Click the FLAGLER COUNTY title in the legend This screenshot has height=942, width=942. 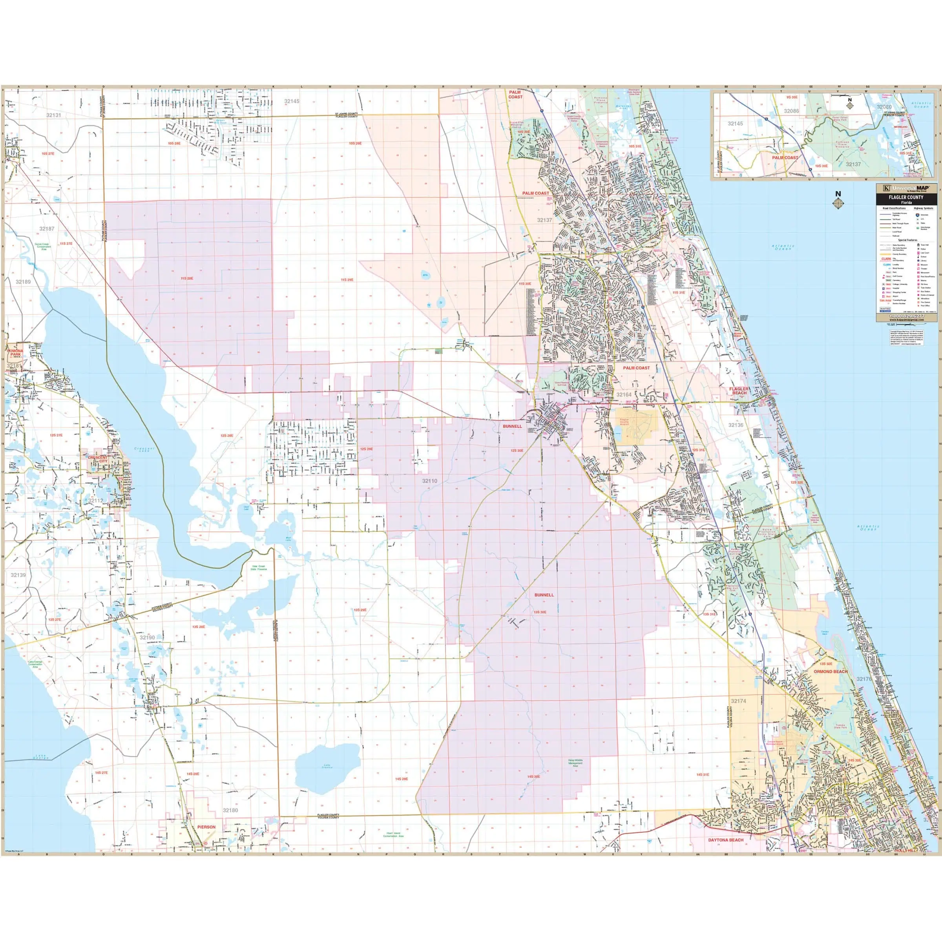[x=906, y=197]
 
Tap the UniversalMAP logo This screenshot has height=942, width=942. [x=906, y=188]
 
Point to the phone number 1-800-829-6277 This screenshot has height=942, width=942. [x=906, y=316]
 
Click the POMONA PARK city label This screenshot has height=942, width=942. [x=15, y=352]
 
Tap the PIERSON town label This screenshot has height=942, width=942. [x=206, y=827]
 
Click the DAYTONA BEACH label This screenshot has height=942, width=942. [x=725, y=840]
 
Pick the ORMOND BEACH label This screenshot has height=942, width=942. [x=831, y=672]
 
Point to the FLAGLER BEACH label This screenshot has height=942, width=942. [x=739, y=391]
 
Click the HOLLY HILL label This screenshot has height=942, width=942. [x=905, y=850]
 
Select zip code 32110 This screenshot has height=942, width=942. [x=429, y=481]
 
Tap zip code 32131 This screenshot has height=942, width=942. [x=54, y=115]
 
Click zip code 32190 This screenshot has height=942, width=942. [x=147, y=637]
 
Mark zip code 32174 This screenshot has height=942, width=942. [x=738, y=701]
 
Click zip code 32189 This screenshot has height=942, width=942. [x=23, y=282]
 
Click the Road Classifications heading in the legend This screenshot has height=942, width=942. [x=894, y=208]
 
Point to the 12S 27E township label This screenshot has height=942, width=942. [x=56, y=435]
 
